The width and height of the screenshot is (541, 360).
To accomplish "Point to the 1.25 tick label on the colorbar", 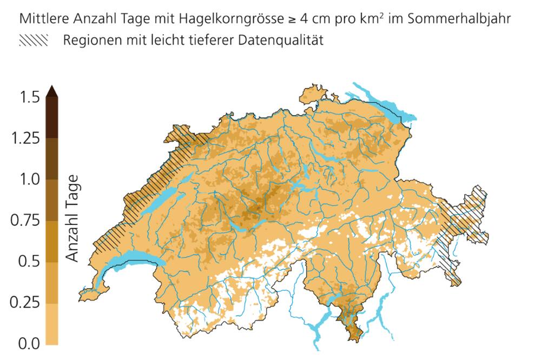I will [25, 138].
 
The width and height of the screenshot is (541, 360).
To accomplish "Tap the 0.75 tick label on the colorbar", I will [25, 221].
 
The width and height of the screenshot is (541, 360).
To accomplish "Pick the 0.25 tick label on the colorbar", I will [25, 302].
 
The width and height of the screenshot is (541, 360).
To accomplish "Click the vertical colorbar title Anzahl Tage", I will [72, 219].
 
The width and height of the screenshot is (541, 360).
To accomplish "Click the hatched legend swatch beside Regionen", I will [34, 41].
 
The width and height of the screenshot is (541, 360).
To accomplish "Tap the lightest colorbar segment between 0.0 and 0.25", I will [52, 323].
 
